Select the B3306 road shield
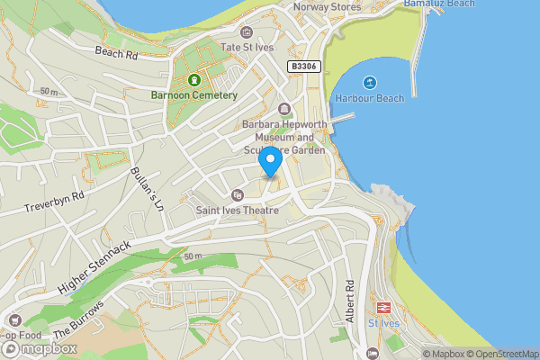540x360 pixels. tap(303, 67)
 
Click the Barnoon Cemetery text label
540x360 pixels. tap(194, 94)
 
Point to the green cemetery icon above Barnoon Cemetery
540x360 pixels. tap(193, 78)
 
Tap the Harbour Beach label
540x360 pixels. tap(369, 97)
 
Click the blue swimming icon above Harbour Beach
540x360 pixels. tap(369, 82)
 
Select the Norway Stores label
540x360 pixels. tap(328, 7)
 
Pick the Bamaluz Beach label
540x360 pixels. tap(438, 4)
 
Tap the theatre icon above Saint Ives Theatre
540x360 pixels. tap(238, 194)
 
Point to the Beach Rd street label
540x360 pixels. tap(116, 53)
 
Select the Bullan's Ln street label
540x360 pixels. tap(146, 189)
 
